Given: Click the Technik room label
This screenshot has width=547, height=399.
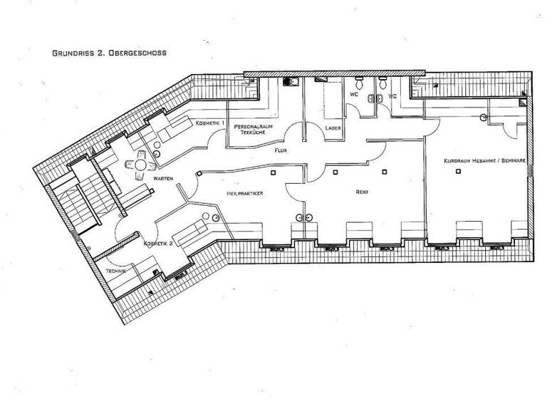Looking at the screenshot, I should click(115, 271).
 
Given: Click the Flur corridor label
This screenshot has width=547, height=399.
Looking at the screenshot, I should click(280, 151).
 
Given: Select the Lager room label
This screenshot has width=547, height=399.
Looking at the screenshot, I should click(332, 128).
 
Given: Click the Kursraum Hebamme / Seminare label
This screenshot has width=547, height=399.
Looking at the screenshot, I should click(484, 161).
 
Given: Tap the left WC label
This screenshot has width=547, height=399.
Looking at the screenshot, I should click(353, 94).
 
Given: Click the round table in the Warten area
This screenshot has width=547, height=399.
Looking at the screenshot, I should click(134, 163).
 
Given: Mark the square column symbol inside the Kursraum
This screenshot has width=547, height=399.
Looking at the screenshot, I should click(482, 117).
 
